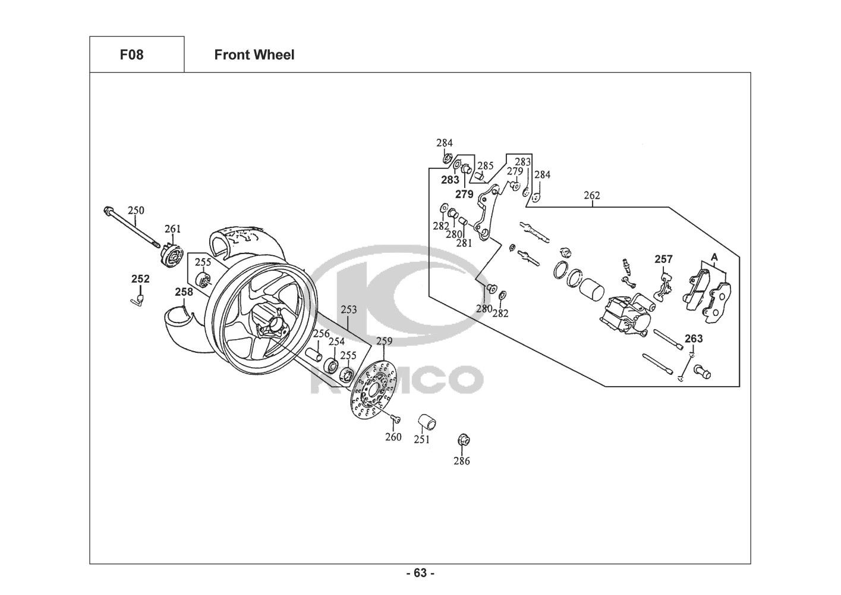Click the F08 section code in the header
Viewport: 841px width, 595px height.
click(x=131, y=55)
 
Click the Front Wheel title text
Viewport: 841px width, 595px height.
click(x=254, y=55)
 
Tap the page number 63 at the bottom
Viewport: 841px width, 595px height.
click(x=420, y=573)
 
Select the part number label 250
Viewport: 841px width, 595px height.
click(x=136, y=210)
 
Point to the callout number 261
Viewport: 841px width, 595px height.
click(x=172, y=229)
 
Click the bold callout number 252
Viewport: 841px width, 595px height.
click(x=140, y=279)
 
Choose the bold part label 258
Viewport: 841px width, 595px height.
click(x=184, y=292)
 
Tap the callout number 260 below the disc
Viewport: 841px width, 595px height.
click(x=393, y=437)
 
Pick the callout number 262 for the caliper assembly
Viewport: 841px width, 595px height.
click(x=592, y=195)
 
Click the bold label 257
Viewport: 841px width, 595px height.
click(x=663, y=259)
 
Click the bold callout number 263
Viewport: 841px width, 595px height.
click(x=694, y=339)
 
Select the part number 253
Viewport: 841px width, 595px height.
click(x=349, y=309)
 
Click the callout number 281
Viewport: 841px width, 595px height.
click(x=464, y=243)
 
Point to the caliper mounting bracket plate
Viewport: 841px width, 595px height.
click(x=490, y=212)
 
